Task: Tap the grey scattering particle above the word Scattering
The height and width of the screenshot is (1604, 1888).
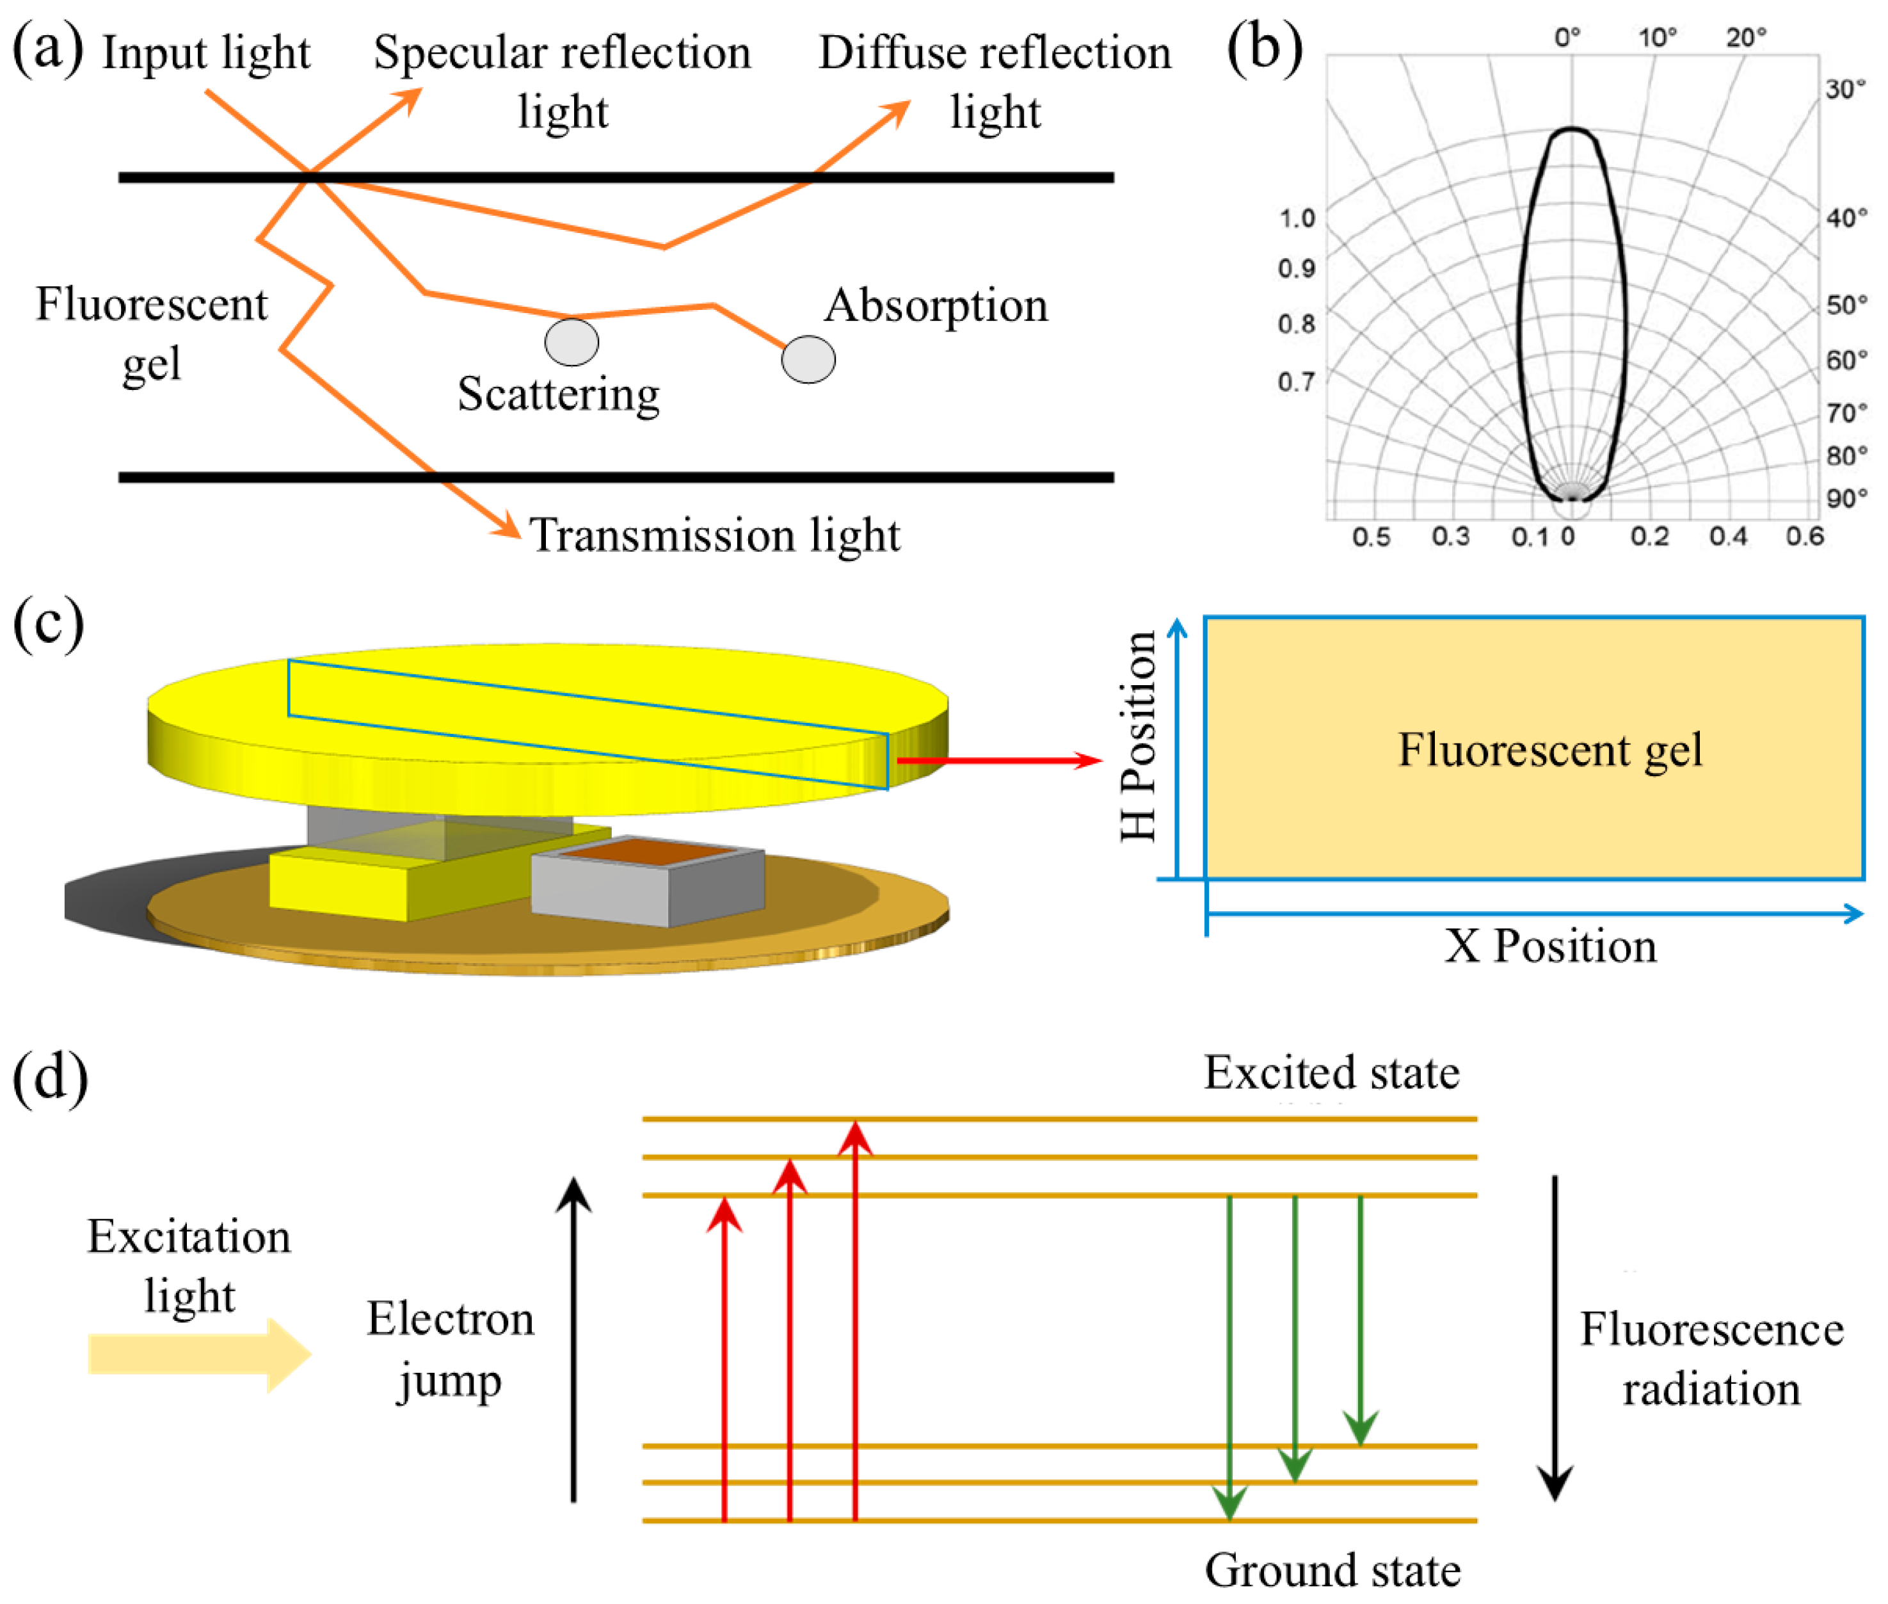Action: pos(571,342)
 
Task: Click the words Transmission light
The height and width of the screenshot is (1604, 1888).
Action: pos(714,535)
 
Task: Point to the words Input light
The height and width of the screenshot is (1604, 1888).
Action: pos(205,53)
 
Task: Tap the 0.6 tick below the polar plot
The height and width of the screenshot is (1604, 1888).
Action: pos(1804,537)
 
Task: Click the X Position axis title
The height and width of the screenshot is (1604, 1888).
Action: pos(1550,946)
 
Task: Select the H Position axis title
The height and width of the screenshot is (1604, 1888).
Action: pos(1138,736)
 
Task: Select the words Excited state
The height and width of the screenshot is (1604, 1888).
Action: pos(1332,1073)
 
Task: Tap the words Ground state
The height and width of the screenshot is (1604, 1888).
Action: pos(1332,1569)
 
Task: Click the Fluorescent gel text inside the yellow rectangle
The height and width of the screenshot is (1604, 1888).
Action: pos(1550,750)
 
